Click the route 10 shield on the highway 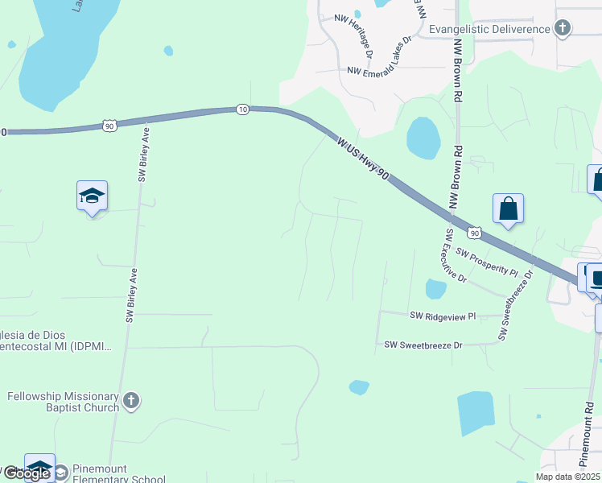click(242, 109)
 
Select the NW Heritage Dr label click(359, 37)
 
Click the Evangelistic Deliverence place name click(489, 29)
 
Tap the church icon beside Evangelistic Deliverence click(563, 29)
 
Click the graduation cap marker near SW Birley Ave click(92, 196)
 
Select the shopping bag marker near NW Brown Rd click(509, 209)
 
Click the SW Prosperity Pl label click(487, 262)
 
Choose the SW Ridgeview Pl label click(443, 316)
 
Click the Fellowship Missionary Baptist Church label click(64, 402)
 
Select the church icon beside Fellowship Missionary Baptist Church click(132, 400)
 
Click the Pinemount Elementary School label click(118, 474)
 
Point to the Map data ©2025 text click(567, 477)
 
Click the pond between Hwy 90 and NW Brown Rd click(423, 138)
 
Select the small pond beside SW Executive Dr click(435, 288)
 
